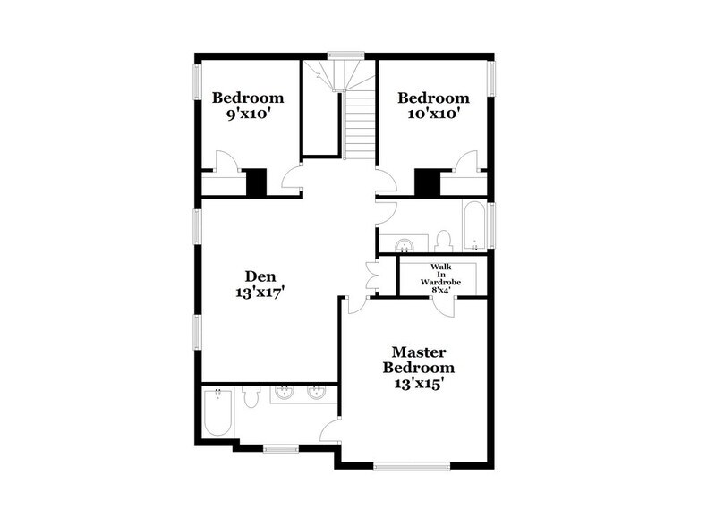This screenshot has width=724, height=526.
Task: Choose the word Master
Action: (418, 352)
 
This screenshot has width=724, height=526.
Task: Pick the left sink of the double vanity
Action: (285, 391)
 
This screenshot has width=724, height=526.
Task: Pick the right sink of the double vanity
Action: (316, 391)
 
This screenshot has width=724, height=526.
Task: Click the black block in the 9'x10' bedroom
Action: (256, 182)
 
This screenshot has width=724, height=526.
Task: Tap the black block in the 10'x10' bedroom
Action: (425, 182)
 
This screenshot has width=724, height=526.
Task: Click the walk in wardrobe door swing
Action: (443, 305)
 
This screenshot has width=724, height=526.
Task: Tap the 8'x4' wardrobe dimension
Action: (439, 289)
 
